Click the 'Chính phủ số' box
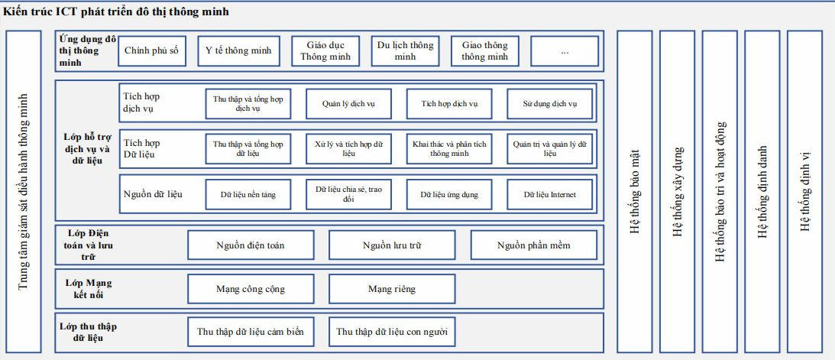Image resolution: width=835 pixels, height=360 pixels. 152,51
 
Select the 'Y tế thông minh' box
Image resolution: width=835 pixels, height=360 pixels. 238,51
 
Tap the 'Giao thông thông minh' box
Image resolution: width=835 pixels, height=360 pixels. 484,51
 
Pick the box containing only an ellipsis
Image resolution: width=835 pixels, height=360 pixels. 565,51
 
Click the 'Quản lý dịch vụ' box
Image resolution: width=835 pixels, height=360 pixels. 348,104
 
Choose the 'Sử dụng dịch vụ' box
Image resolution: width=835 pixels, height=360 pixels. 549,104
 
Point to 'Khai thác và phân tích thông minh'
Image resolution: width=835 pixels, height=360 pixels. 449,148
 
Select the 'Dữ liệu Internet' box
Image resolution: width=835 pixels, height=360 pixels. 549,194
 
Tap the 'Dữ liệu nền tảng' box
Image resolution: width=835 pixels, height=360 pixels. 248,194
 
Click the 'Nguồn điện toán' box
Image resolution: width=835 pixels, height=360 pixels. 251,245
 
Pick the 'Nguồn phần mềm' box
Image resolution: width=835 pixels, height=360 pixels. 533,245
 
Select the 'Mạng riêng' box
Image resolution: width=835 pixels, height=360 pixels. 392,289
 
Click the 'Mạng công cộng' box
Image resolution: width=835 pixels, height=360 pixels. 251,289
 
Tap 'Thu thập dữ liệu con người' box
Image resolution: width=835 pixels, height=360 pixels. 392,332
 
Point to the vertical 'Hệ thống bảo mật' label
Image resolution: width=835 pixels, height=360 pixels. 634,192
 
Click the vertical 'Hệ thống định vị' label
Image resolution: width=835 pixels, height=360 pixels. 804,192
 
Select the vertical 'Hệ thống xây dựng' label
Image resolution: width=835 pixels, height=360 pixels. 677,192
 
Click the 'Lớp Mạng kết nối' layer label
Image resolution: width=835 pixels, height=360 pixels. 89,289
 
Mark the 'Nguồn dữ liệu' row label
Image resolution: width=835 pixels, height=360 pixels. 153,194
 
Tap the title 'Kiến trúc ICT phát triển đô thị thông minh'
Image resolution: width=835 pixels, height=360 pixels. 116,11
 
